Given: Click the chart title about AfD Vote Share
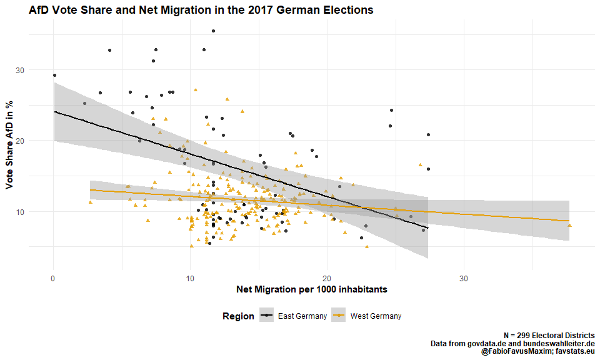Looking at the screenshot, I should [201, 10].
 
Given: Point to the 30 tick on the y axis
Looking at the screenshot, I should [37, 70].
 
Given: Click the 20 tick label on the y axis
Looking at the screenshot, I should [37, 141].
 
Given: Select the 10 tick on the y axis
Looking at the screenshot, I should [37, 212].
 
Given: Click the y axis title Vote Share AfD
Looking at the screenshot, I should [9, 145].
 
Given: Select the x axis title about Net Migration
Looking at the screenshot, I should [312, 289].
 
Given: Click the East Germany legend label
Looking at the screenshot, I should [302, 316].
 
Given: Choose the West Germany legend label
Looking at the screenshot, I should [376, 316].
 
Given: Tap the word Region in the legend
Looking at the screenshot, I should [238, 316].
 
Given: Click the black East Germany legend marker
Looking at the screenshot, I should [267, 316].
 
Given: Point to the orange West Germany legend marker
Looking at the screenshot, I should [340, 316].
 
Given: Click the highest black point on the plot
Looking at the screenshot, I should [213, 31].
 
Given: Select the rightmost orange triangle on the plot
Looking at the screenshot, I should [569, 226].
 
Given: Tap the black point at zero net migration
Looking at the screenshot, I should [54, 76].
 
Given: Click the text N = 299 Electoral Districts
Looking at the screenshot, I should [549, 336].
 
